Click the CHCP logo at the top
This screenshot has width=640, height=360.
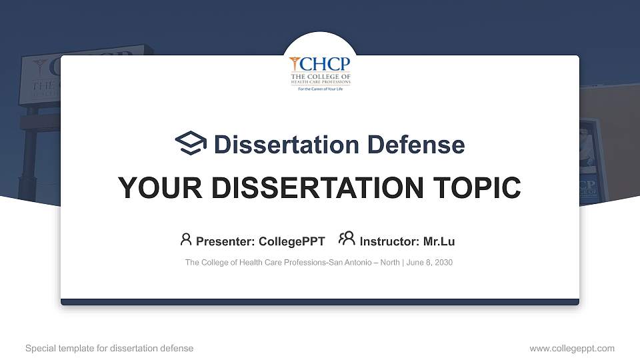[320, 73]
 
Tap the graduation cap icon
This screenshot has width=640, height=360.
[191, 144]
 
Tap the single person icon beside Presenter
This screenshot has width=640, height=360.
[186, 239]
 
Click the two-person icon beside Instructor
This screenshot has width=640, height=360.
[347, 239]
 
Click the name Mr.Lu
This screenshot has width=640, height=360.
[439, 241]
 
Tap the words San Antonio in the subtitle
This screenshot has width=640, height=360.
[353, 263]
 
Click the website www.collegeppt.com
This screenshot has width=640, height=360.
[572, 348]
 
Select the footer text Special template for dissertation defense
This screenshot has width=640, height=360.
[109, 348]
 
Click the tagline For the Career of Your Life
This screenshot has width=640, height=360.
[320, 89]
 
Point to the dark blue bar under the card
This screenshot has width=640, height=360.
[320, 302]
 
